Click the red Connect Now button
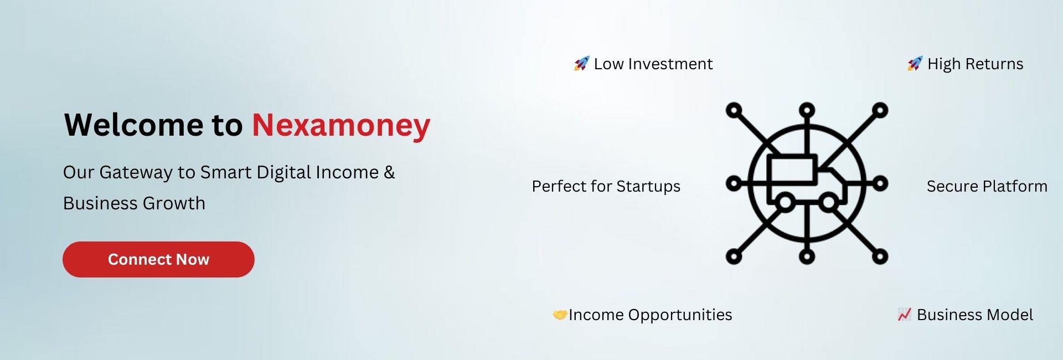(158, 259)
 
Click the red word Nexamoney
(341, 126)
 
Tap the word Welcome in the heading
(134, 125)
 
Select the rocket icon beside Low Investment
(581, 64)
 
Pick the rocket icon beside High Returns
(915, 64)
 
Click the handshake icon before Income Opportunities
(560, 315)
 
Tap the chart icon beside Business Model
(904, 315)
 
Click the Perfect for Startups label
(606, 187)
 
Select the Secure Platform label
(987, 186)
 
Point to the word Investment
(670, 64)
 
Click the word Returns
(994, 64)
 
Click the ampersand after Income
(389, 172)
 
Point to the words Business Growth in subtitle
(134, 203)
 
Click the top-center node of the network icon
(807, 110)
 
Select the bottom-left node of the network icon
(734, 256)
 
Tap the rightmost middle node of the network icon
(880, 183)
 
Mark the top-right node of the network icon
(880, 110)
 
